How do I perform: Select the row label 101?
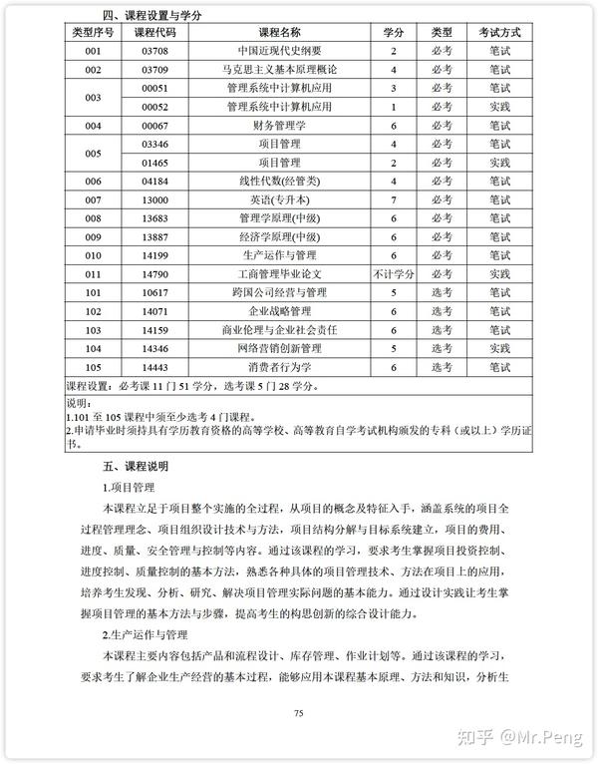[x=94, y=292]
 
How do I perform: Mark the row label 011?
[x=94, y=274]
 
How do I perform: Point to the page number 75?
[x=298, y=712]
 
